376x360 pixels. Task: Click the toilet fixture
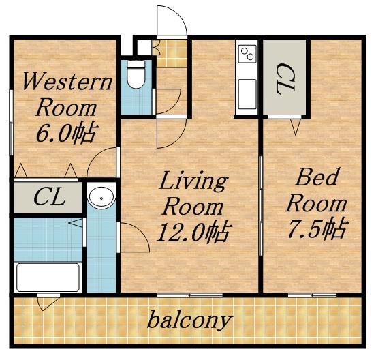pyautogui.click(x=136, y=74)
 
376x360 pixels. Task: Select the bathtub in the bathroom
pyautogui.click(x=48, y=277)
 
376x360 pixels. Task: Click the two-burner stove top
pyautogui.click(x=247, y=54)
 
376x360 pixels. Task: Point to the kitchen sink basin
pyautogui.click(x=247, y=94)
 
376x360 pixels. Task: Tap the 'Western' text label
pyautogui.click(x=67, y=82)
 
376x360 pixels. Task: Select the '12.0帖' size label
pyautogui.click(x=193, y=232)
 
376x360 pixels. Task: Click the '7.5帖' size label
pyautogui.click(x=317, y=228)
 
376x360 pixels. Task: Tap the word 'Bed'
pyautogui.click(x=317, y=177)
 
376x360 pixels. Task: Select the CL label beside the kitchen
pyautogui.click(x=285, y=79)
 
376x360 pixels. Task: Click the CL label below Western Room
pyautogui.click(x=50, y=197)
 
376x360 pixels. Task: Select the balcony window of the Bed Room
pyautogui.click(x=312, y=295)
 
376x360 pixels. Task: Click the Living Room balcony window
pyautogui.click(x=189, y=295)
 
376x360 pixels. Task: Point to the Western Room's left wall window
pyautogui.click(x=11, y=123)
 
